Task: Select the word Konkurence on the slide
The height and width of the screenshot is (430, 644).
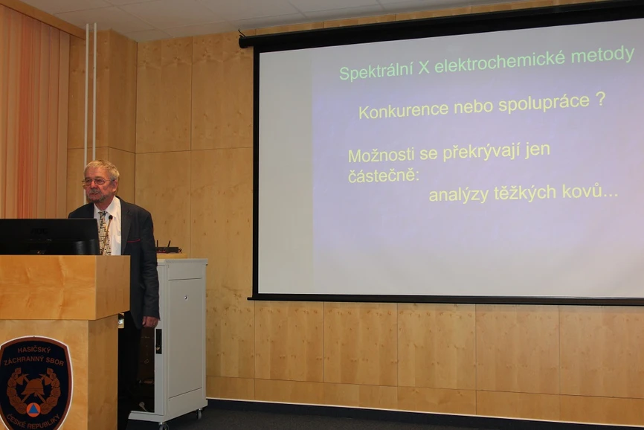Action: (396, 111)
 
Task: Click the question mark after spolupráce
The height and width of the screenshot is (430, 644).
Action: (599, 99)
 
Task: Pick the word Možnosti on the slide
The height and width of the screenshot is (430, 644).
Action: (376, 155)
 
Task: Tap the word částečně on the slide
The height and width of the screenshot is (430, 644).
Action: (383, 176)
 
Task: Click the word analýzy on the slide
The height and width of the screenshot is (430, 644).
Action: (459, 195)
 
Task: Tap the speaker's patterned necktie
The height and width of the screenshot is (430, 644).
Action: (103, 231)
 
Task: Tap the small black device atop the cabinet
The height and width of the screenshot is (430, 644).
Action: (168, 248)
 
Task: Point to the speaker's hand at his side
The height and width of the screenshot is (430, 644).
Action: (149, 321)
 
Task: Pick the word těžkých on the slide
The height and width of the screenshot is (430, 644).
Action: (526, 193)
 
